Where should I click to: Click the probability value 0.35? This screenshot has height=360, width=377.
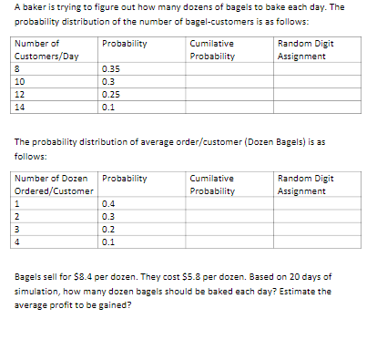(111, 68)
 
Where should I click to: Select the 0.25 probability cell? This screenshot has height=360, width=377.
(111, 94)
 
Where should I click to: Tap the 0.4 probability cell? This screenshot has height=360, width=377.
(109, 203)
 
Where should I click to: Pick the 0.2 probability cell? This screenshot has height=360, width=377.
(109, 229)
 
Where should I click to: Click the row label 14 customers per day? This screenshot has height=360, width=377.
(20, 107)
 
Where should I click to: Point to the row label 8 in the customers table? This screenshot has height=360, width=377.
(18, 68)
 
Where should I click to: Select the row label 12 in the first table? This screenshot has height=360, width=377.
(20, 94)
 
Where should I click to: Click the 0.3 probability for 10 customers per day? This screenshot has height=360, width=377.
(109, 81)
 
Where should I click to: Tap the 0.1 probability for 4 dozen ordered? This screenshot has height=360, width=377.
(109, 242)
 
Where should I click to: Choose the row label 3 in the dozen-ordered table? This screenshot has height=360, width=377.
(18, 229)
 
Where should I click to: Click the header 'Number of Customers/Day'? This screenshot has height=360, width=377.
(46, 49)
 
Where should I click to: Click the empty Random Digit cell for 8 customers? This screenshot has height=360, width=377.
(318, 68)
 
